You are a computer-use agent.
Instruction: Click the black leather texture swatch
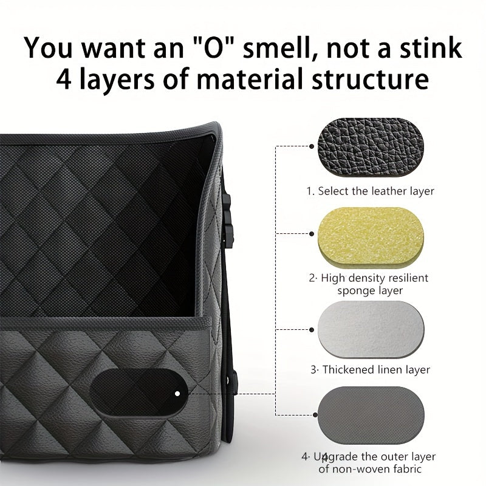[x=371, y=147]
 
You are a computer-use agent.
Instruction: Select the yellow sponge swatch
[x=371, y=238]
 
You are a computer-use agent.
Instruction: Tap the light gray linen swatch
[x=371, y=329]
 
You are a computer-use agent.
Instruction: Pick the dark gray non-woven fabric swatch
[x=371, y=415]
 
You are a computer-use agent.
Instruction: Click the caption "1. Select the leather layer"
[x=371, y=191]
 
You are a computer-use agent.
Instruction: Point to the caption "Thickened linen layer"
[x=376, y=370]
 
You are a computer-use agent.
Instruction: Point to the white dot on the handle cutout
[x=177, y=394]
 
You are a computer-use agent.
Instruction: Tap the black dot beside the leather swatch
[x=312, y=146]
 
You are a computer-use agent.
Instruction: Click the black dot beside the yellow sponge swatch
[x=312, y=234]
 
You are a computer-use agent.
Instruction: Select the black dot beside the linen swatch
[x=312, y=330]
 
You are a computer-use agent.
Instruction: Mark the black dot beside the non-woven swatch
[x=315, y=415]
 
